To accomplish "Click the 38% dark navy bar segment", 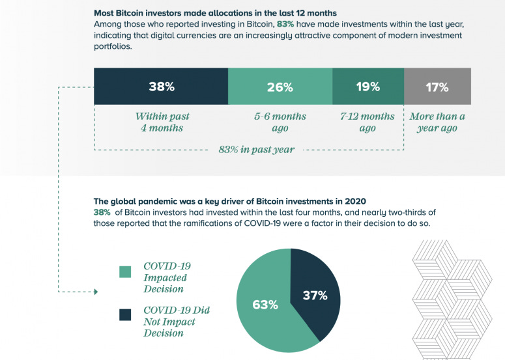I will (x=160, y=87).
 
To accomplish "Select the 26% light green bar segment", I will (x=280, y=87).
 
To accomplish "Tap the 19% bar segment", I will (x=368, y=87).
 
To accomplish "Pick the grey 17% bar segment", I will (x=437, y=87).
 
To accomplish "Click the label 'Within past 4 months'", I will (x=162, y=122).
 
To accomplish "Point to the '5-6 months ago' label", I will (x=280, y=122).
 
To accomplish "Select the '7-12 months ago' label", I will (x=368, y=122).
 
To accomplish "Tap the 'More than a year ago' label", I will (x=437, y=122).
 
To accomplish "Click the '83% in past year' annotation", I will (x=256, y=150).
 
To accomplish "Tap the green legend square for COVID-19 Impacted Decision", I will (x=126, y=271).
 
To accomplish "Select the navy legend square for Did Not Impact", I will (x=126, y=315).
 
